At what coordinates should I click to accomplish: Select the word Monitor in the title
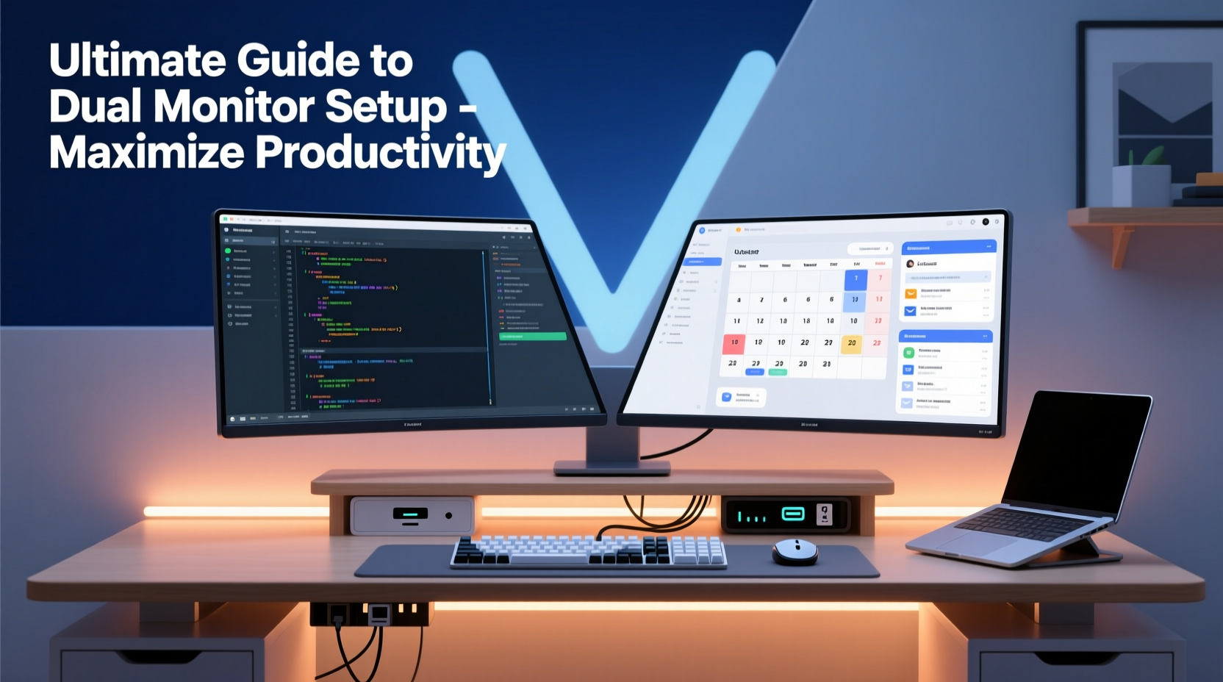click(x=235, y=107)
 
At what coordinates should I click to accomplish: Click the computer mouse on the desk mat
click(x=795, y=551)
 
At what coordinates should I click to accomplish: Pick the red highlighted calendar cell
click(x=734, y=343)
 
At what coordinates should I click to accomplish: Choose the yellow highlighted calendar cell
click(x=851, y=343)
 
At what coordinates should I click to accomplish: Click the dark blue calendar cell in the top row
click(x=856, y=279)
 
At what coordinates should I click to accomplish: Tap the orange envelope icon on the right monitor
click(x=911, y=292)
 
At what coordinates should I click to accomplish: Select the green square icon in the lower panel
click(x=909, y=353)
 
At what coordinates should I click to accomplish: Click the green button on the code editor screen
click(x=532, y=337)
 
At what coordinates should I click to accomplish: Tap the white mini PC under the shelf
click(x=412, y=515)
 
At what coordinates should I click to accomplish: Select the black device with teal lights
click(x=786, y=514)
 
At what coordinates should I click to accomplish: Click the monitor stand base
click(x=611, y=467)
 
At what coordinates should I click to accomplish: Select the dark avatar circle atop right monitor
click(x=986, y=222)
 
